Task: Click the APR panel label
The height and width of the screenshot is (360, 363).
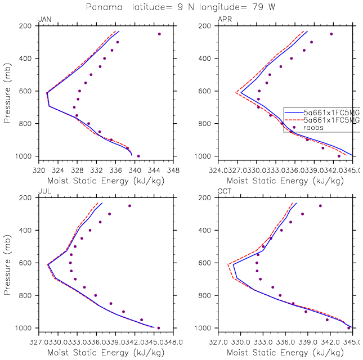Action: coord(224,20)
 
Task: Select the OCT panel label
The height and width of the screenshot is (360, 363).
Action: coord(224,192)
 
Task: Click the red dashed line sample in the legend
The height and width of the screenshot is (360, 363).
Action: coord(293,120)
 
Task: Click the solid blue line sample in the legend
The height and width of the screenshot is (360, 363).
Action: coord(293,111)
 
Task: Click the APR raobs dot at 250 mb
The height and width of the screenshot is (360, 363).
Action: coord(331,34)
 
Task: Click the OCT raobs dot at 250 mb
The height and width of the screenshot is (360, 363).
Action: coord(320,206)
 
